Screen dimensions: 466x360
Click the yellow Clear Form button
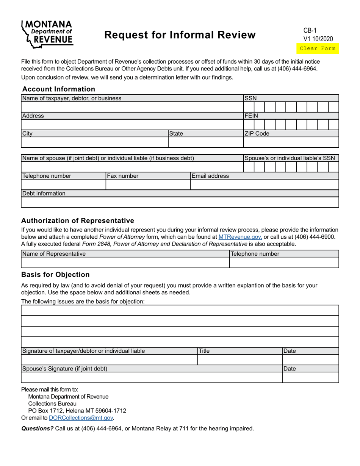(x=317, y=48)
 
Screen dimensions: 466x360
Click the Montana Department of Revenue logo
(x=47, y=34)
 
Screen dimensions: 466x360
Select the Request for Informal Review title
(x=180, y=35)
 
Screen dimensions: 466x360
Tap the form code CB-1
(x=310, y=30)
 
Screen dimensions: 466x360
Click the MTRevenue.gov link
(x=240, y=237)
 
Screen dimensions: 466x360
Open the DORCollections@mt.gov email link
(x=81, y=418)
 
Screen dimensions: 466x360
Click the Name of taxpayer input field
(x=132, y=107)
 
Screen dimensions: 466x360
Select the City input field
(x=94, y=142)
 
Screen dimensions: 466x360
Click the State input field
(x=205, y=142)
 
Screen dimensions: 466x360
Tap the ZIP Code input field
(x=291, y=142)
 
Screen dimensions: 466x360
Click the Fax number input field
(x=148, y=185)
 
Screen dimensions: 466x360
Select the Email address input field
(x=264, y=185)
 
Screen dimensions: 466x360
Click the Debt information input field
(x=180, y=202)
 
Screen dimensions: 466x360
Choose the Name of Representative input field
(x=125, y=263)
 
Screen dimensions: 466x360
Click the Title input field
(x=239, y=360)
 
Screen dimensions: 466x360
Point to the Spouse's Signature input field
(x=152, y=377)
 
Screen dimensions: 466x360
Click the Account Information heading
(x=59, y=89)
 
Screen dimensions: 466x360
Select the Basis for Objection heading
(x=55, y=275)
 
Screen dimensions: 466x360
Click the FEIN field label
(x=251, y=116)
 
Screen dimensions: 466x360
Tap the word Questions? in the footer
(x=37, y=428)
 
